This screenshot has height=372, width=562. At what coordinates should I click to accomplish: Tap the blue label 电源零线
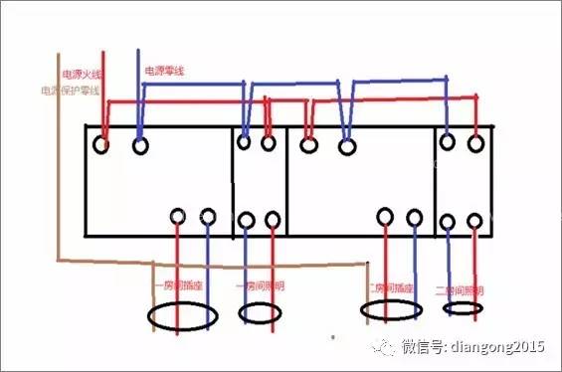pos(164,72)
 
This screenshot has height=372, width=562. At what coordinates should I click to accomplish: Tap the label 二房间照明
pos(460,290)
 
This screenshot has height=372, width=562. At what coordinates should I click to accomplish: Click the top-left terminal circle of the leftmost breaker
pos(100,145)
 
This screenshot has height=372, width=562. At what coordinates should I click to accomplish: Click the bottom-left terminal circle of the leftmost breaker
pos(177,216)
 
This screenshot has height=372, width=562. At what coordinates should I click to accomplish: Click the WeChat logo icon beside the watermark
pos(383,345)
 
